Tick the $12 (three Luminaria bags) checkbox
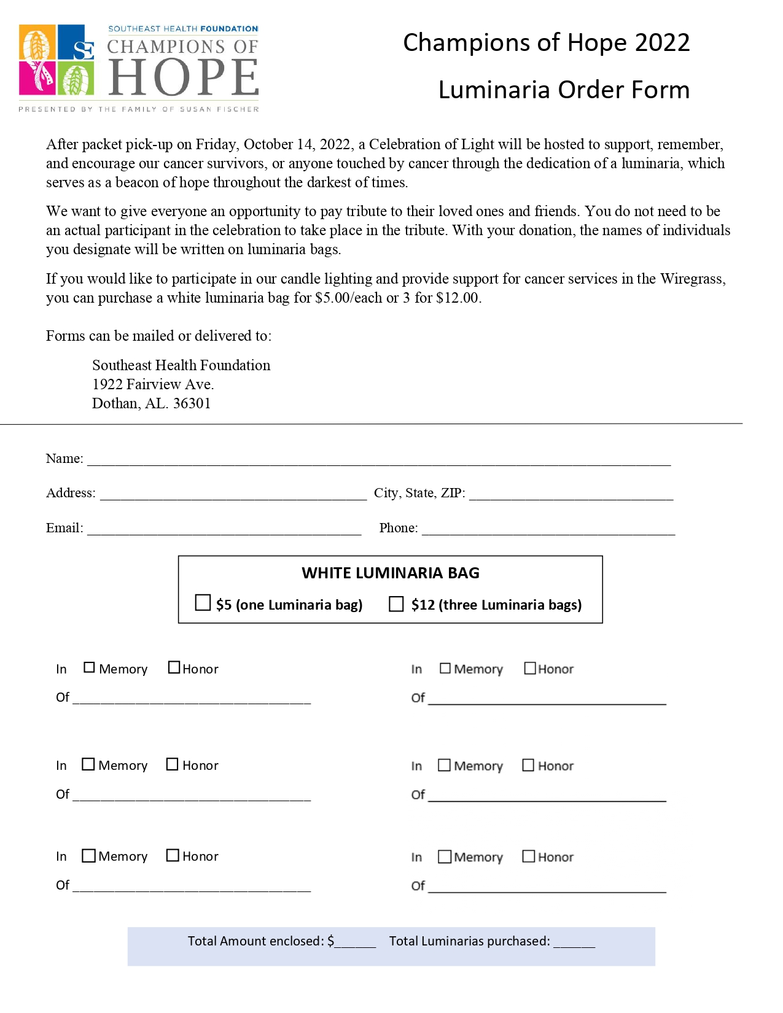click(396, 604)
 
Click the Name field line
click(378, 460)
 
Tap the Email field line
click(224, 530)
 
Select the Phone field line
click(548, 530)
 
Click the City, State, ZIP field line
click(571, 495)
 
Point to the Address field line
click(233, 495)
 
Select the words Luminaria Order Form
click(564, 90)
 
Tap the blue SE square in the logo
click(76, 42)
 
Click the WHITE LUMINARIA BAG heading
click(391, 573)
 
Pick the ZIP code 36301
click(192, 403)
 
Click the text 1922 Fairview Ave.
click(153, 384)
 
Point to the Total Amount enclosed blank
click(356, 942)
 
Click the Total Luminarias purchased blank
click(574, 942)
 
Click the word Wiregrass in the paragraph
click(692, 279)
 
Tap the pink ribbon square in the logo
click(37, 77)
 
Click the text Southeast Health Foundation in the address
click(181, 365)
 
